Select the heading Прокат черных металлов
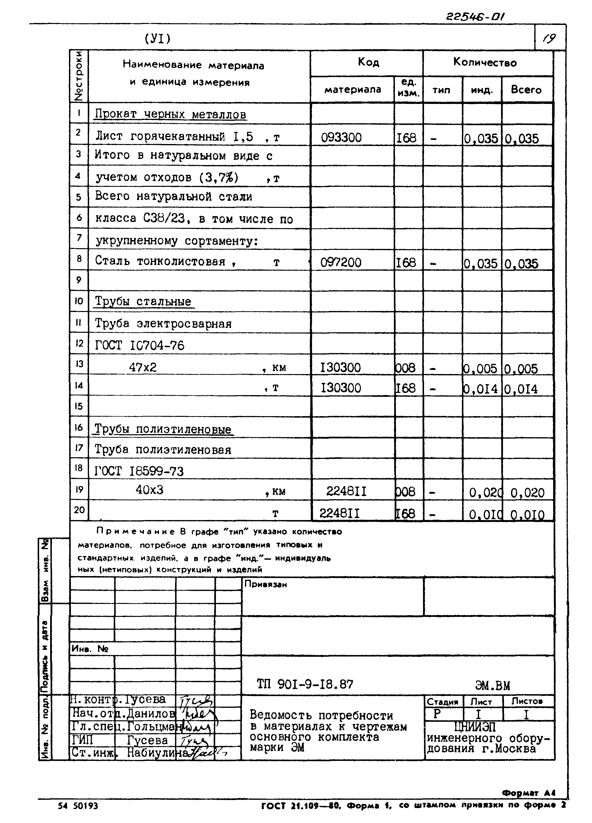point(170,114)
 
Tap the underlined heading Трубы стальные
point(143,301)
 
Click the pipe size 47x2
point(143,367)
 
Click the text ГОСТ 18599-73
point(139,471)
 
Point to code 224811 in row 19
point(346,491)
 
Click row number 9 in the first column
point(79,280)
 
